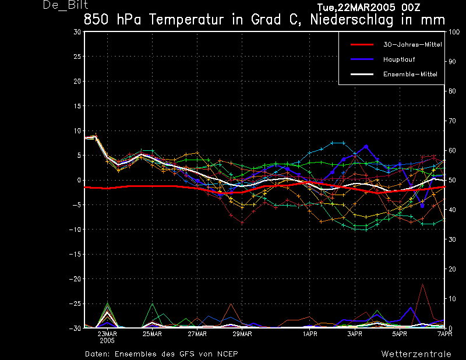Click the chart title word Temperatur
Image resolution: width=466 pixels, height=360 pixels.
186,20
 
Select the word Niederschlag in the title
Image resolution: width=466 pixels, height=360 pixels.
352,20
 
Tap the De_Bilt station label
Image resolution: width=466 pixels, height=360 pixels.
65,5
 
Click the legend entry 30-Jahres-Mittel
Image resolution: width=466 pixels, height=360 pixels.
412,45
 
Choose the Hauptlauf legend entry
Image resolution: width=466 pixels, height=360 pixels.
399,59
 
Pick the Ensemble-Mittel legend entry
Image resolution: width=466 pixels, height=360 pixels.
410,75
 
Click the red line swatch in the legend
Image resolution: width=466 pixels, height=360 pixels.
362,45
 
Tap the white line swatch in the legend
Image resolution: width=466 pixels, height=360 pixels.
362,75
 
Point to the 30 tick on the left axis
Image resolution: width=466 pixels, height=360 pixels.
77,32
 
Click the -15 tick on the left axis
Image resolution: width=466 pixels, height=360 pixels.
75,254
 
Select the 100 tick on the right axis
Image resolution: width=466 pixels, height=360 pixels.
454,32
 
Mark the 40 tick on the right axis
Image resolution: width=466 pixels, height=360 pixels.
452,210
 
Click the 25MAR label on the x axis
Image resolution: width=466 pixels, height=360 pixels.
152,334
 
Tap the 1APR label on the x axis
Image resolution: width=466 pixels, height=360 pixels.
310,334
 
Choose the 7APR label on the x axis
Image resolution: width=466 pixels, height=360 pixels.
445,334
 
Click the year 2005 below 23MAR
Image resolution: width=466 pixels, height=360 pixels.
107,341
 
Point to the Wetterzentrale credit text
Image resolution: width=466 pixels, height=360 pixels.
416,354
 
